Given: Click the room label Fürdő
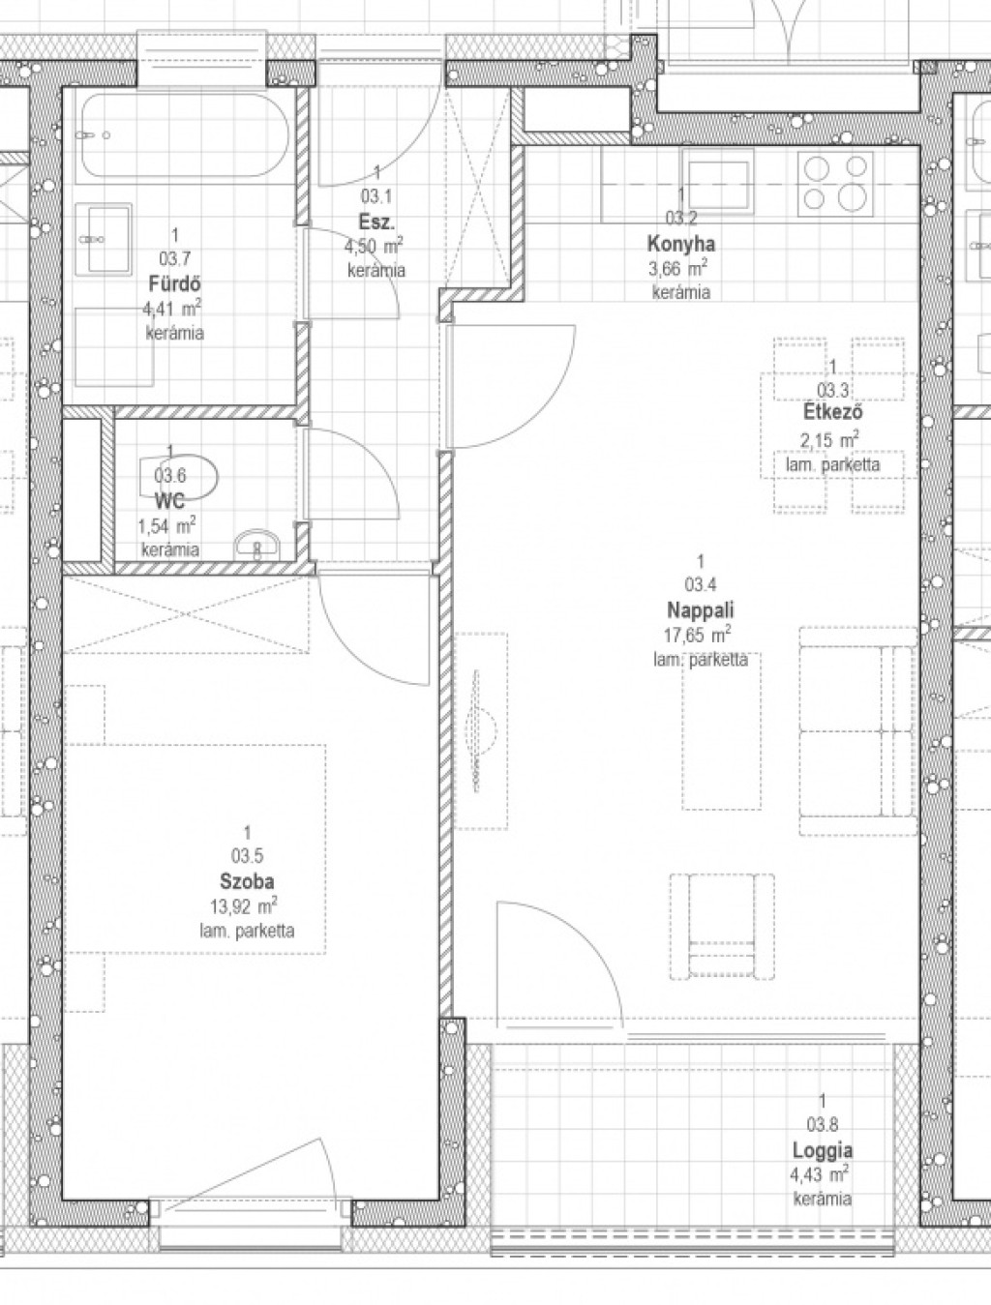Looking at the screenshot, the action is coord(174,284).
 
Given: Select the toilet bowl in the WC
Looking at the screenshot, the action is coord(178,478).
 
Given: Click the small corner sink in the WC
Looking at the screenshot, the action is coord(256,544).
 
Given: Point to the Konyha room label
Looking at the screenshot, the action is coord(680,244).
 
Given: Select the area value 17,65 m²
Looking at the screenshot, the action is coord(697,635).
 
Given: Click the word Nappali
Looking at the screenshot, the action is coord(701,609).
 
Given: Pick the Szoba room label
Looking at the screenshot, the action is coord(247,880).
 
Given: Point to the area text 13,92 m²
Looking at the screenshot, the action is coord(244,905).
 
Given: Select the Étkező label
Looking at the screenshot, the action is coord(833,412).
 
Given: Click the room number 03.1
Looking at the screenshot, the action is coord(376,196).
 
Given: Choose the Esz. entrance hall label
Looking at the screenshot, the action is coord(376,222).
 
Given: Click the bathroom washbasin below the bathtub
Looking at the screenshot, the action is coord(104,240).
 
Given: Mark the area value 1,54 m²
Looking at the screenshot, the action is coord(167,525).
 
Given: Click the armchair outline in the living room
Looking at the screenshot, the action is coord(722,927).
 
